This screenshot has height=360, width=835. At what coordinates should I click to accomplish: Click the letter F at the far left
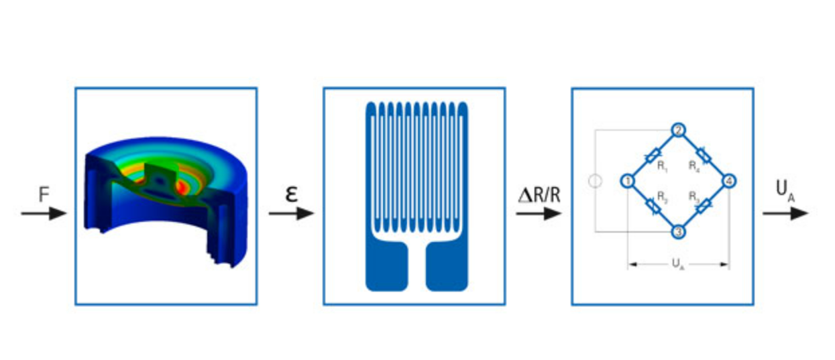[44, 195]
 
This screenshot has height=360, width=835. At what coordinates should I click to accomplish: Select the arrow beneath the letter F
[44, 214]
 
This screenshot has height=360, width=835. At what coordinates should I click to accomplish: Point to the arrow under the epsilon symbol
[291, 214]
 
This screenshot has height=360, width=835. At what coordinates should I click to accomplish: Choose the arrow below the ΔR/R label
[538, 214]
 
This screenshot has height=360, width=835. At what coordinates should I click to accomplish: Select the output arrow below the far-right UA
[785, 214]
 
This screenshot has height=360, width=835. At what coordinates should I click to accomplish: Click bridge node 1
[628, 181]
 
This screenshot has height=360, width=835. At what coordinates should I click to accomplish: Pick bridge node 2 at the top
[678, 131]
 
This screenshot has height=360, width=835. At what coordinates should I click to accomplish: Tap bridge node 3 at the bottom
[678, 231]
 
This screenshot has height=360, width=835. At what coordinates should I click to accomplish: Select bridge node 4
[729, 181]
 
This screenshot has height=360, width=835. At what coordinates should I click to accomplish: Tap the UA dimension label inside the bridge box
[678, 265]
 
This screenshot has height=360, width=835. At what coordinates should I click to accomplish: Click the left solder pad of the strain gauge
[386, 266]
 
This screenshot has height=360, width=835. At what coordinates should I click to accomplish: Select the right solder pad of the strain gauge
[447, 266]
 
